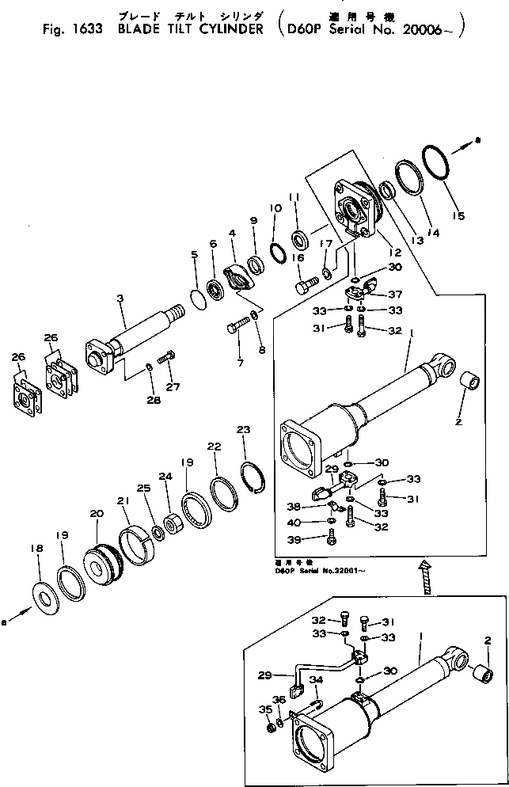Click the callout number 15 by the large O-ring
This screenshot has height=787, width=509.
click(458, 215)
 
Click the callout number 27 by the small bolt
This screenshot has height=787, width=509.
click(173, 387)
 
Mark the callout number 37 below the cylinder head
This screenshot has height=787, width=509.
click(394, 295)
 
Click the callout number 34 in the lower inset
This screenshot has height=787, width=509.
click(316, 679)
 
